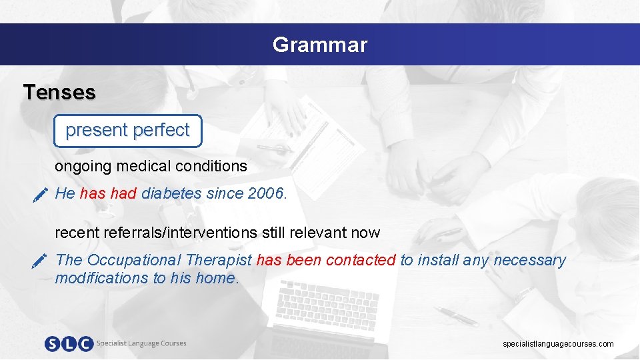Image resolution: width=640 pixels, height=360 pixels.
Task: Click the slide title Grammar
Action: click(319, 45)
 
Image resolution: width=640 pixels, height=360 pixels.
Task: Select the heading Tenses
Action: click(59, 92)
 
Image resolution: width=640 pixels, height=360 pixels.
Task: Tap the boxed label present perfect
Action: click(127, 130)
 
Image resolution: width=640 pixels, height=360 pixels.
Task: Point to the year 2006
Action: click(266, 194)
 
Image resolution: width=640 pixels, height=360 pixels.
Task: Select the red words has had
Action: click(108, 194)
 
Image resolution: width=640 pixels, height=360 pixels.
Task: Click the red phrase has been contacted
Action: click(326, 261)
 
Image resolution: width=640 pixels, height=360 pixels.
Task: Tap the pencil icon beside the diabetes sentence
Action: click(40, 195)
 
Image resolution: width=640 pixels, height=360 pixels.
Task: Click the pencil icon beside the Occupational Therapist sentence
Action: click(40, 261)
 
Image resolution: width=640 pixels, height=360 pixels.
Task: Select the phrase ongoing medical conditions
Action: click(151, 166)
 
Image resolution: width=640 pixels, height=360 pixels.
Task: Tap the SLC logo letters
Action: click(69, 343)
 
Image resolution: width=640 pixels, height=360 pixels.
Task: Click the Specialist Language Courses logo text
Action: click(141, 343)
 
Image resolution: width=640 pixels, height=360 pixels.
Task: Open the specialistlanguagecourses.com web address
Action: click(558, 344)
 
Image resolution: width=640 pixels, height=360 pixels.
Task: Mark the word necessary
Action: click(531, 261)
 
